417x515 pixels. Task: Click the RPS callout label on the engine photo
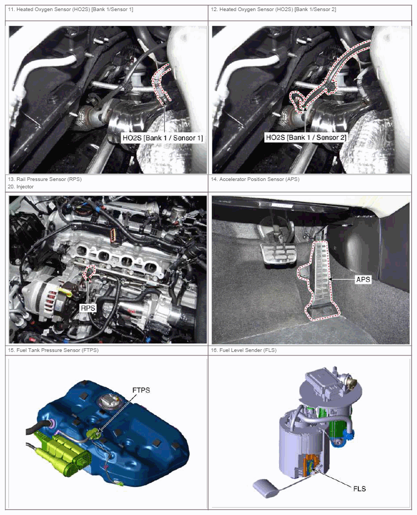88,308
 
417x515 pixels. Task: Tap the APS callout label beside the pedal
363,280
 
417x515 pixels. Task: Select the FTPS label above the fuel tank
141,390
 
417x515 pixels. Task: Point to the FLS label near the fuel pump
359,489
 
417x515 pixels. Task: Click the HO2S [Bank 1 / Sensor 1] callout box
162,138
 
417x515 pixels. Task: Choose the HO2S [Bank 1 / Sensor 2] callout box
306,137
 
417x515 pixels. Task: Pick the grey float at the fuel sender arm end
266,488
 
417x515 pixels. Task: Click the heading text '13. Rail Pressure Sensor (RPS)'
45,179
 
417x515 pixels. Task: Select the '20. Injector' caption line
21,187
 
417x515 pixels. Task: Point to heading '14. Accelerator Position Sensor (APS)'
255,179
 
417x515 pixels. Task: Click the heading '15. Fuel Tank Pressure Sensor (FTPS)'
53,350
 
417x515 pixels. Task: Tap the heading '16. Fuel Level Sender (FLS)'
244,350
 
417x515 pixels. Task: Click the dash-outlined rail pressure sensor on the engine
89,272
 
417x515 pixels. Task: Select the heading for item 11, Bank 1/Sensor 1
71,9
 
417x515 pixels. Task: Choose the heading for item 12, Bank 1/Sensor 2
274,9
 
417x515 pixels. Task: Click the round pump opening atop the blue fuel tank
110,402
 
